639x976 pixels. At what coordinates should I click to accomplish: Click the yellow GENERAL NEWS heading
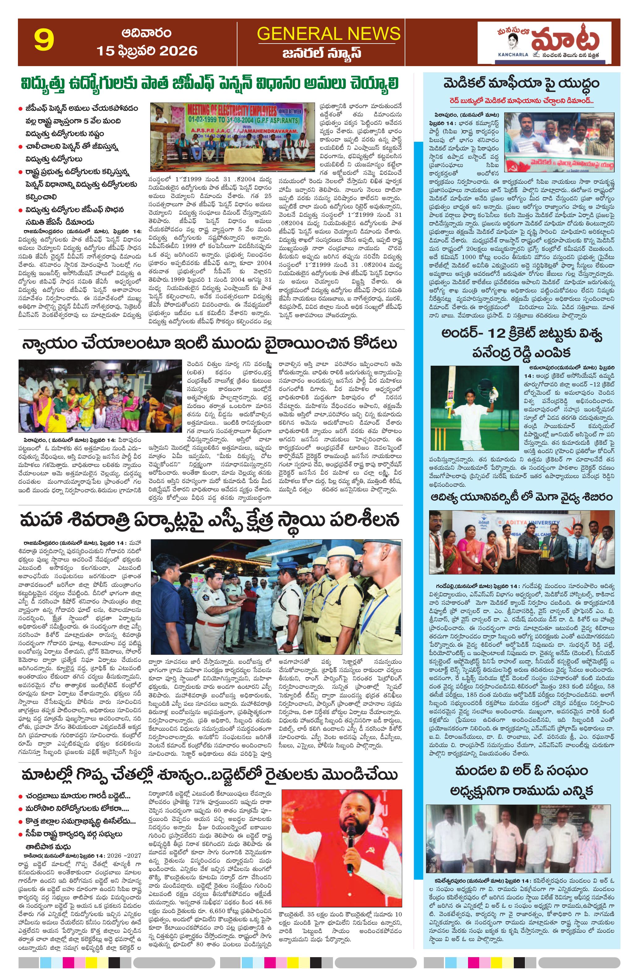point(328,33)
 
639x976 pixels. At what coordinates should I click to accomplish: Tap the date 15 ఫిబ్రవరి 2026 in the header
point(147,51)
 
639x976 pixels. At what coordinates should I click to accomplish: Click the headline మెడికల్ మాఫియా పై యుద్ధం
point(521,84)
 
